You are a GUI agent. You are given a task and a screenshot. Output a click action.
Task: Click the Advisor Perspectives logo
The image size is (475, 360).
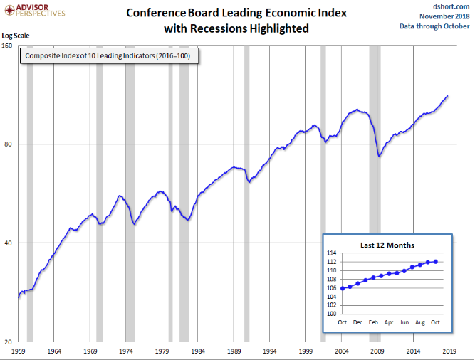(33, 10)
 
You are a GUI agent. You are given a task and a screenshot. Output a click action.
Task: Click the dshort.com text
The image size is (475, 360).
(450, 6)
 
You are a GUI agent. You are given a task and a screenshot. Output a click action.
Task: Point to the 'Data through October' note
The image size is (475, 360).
(434, 26)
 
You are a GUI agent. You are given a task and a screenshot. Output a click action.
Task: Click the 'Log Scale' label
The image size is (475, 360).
(15, 36)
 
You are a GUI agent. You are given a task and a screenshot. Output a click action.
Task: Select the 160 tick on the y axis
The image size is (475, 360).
(7, 45)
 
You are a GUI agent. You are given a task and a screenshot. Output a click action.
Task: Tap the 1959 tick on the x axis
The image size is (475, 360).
(18, 351)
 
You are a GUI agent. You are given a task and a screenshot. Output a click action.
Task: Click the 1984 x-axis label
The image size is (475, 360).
(198, 351)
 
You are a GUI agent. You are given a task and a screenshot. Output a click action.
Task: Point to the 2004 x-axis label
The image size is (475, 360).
(341, 351)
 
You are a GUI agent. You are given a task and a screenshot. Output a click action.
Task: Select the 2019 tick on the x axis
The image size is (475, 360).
(449, 351)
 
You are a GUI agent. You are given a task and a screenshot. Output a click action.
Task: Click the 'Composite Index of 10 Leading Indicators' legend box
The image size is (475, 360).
(108, 55)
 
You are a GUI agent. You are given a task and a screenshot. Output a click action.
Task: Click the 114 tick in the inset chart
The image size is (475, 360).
(332, 253)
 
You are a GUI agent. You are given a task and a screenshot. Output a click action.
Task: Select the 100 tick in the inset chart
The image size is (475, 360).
(332, 313)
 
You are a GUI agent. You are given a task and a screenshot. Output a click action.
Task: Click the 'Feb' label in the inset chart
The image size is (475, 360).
(373, 322)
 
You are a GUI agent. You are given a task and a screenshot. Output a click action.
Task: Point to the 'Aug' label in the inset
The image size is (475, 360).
(420, 322)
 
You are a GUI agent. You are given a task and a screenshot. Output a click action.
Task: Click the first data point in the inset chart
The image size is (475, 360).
(343, 288)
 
